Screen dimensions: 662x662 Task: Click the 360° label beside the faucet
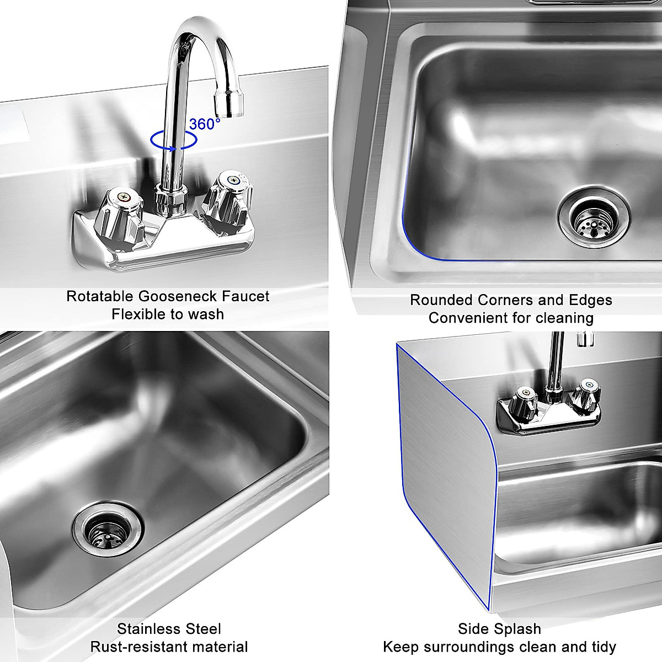click(x=205, y=124)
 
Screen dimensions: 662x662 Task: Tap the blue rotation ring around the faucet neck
click(x=174, y=140)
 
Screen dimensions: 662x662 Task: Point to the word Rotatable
click(x=100, y=296)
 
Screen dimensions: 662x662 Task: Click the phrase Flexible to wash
click(x=168, y=314)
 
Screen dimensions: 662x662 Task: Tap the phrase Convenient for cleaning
click(x=511, y=318)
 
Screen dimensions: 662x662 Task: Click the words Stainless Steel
click(x=169, y=629)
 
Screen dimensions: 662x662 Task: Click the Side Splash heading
click(x=499, y=629)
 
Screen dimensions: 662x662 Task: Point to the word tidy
click(x=603, y=647)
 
